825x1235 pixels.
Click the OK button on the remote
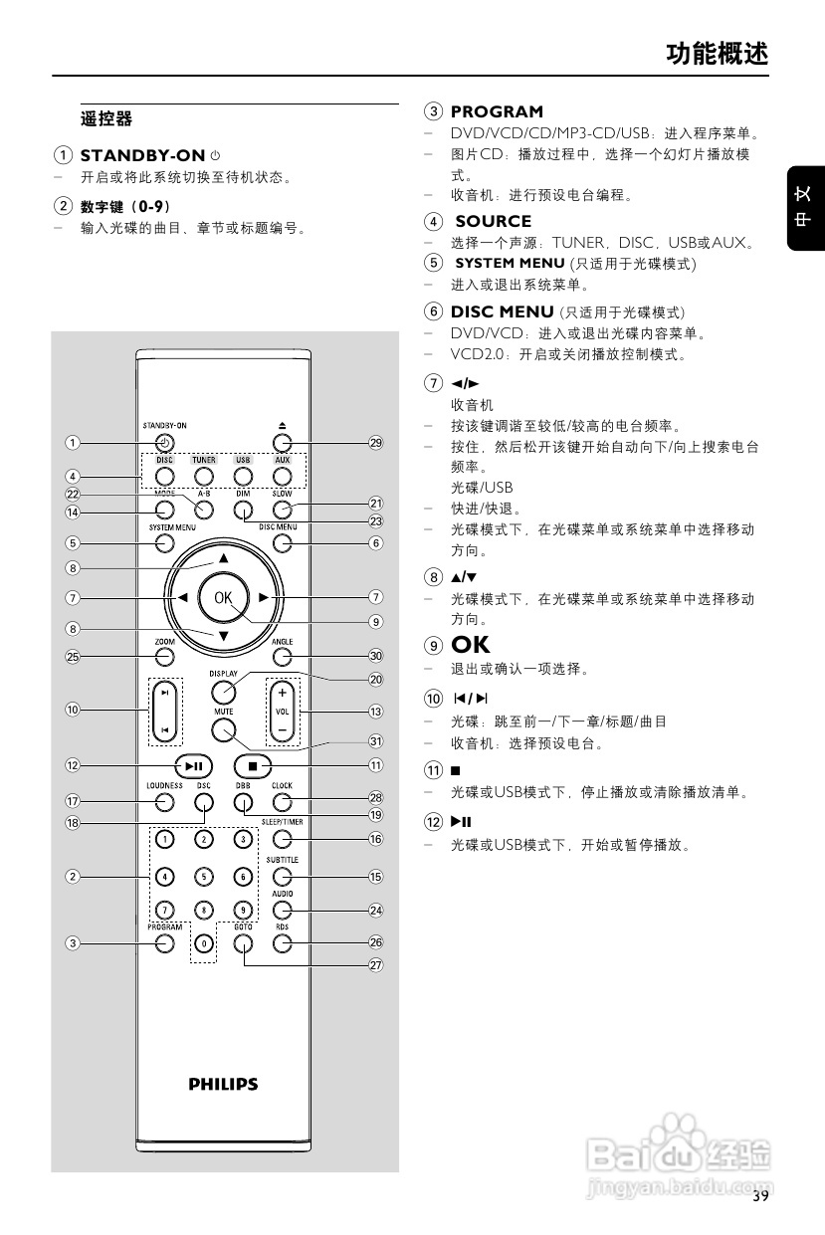pos(222,597)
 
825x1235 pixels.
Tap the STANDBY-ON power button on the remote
pos(165,443)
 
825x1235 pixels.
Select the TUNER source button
pos(204,475)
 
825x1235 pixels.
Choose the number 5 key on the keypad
pos(204,877)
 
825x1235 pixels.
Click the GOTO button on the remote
pos(244,942)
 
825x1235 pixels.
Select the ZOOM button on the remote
pos(165,657)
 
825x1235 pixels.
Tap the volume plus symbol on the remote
pos(282,692)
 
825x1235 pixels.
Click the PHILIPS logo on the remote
pos(224,1084)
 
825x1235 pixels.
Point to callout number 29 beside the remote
pos(375,443)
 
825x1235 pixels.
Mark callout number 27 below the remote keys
pos(375,964)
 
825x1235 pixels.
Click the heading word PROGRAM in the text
pos(497,111)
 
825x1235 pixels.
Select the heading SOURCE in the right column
pos(494,221)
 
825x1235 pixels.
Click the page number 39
pos(760,1195)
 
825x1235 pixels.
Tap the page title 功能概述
pos(717,54)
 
